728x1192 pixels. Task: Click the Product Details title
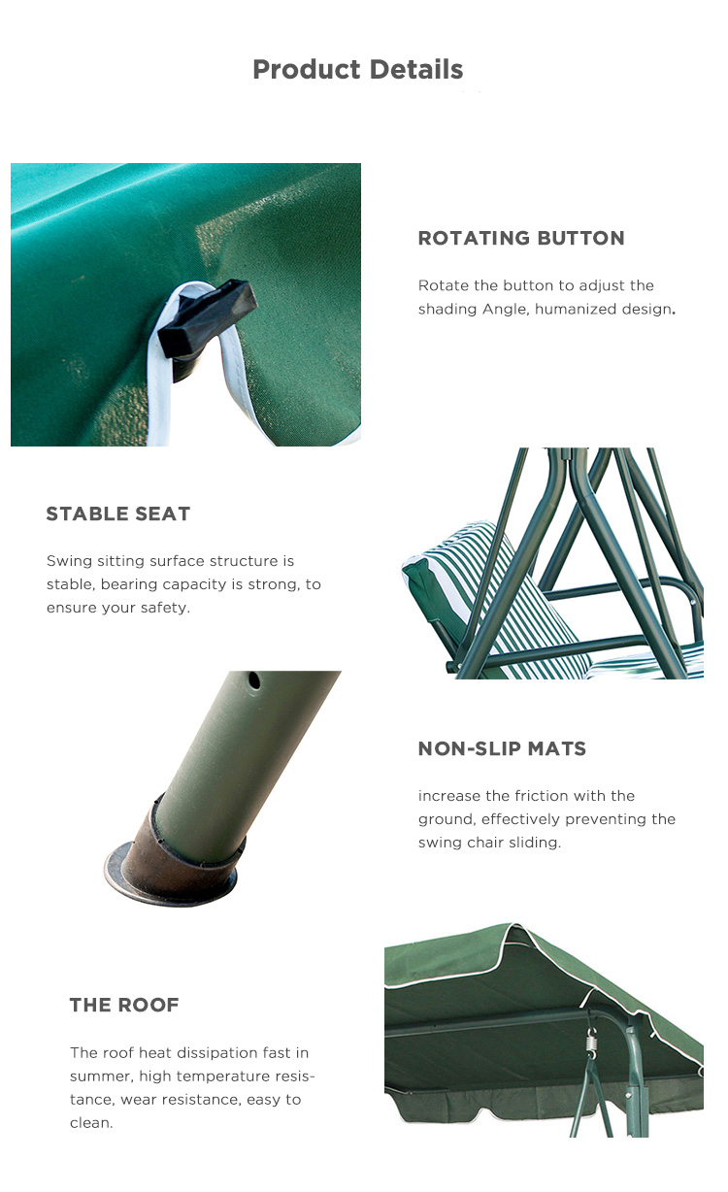coord(357,70)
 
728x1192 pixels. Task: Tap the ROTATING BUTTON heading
coord(521,238)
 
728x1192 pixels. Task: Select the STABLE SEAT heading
coord(118,513)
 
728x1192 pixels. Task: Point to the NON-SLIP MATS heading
coord(502,748)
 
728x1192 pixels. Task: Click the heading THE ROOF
coord(124,1005)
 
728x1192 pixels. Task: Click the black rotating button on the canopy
coord(208,319)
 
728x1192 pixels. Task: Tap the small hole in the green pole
coord(254,680)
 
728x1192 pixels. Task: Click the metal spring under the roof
coord(590,1041)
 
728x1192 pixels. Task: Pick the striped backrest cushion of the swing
coord(495,596)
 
